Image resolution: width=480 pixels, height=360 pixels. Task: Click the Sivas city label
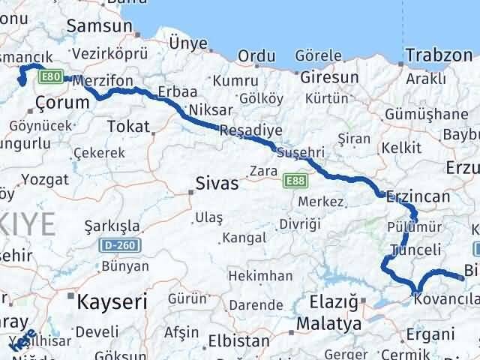click(217, 182)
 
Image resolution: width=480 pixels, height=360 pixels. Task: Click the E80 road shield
click(51, 76)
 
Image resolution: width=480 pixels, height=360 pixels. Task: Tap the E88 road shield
click(294, 181)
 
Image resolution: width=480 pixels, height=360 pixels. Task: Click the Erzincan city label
click(418, 196)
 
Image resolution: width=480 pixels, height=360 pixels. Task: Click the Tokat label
click(129, 127)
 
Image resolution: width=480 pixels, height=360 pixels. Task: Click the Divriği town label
click(300, 223)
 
